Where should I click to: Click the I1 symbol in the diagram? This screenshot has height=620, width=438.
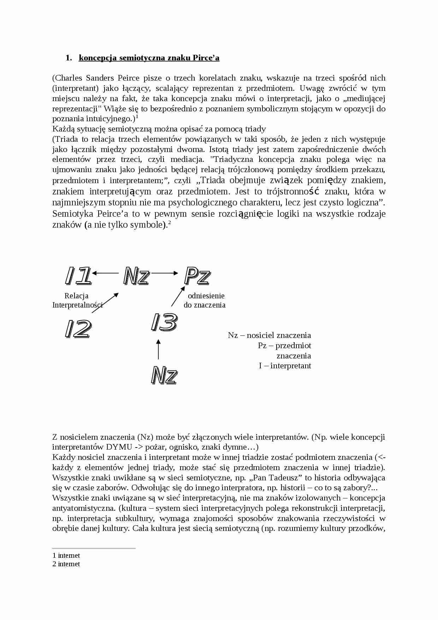tap(78, 276)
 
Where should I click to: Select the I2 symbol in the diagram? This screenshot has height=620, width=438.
tap(78, 329)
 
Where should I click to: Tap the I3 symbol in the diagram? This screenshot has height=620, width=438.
tap(164, 322)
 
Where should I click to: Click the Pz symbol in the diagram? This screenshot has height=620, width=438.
tap(197, 276)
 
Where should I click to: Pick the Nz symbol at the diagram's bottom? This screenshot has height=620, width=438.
tap(164, 375)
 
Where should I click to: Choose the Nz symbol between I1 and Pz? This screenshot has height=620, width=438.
tap(136, 276)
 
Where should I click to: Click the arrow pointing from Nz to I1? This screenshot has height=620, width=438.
tap(105, 273)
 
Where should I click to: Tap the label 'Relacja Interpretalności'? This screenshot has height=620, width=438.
tap(77, 300)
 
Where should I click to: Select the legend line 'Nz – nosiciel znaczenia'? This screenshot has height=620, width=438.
tap(269, 335)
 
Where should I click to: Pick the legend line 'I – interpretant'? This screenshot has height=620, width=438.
tap(285, 365)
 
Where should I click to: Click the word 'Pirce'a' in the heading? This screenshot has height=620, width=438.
tap(206, 58)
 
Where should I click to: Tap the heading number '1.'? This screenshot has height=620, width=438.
tap(69, 58)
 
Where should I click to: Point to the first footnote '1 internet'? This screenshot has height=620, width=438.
tap(66, 555)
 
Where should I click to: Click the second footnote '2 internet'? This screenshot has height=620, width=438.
tap(66, 564)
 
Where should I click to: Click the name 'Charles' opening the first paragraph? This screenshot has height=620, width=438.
tap(69, 78)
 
